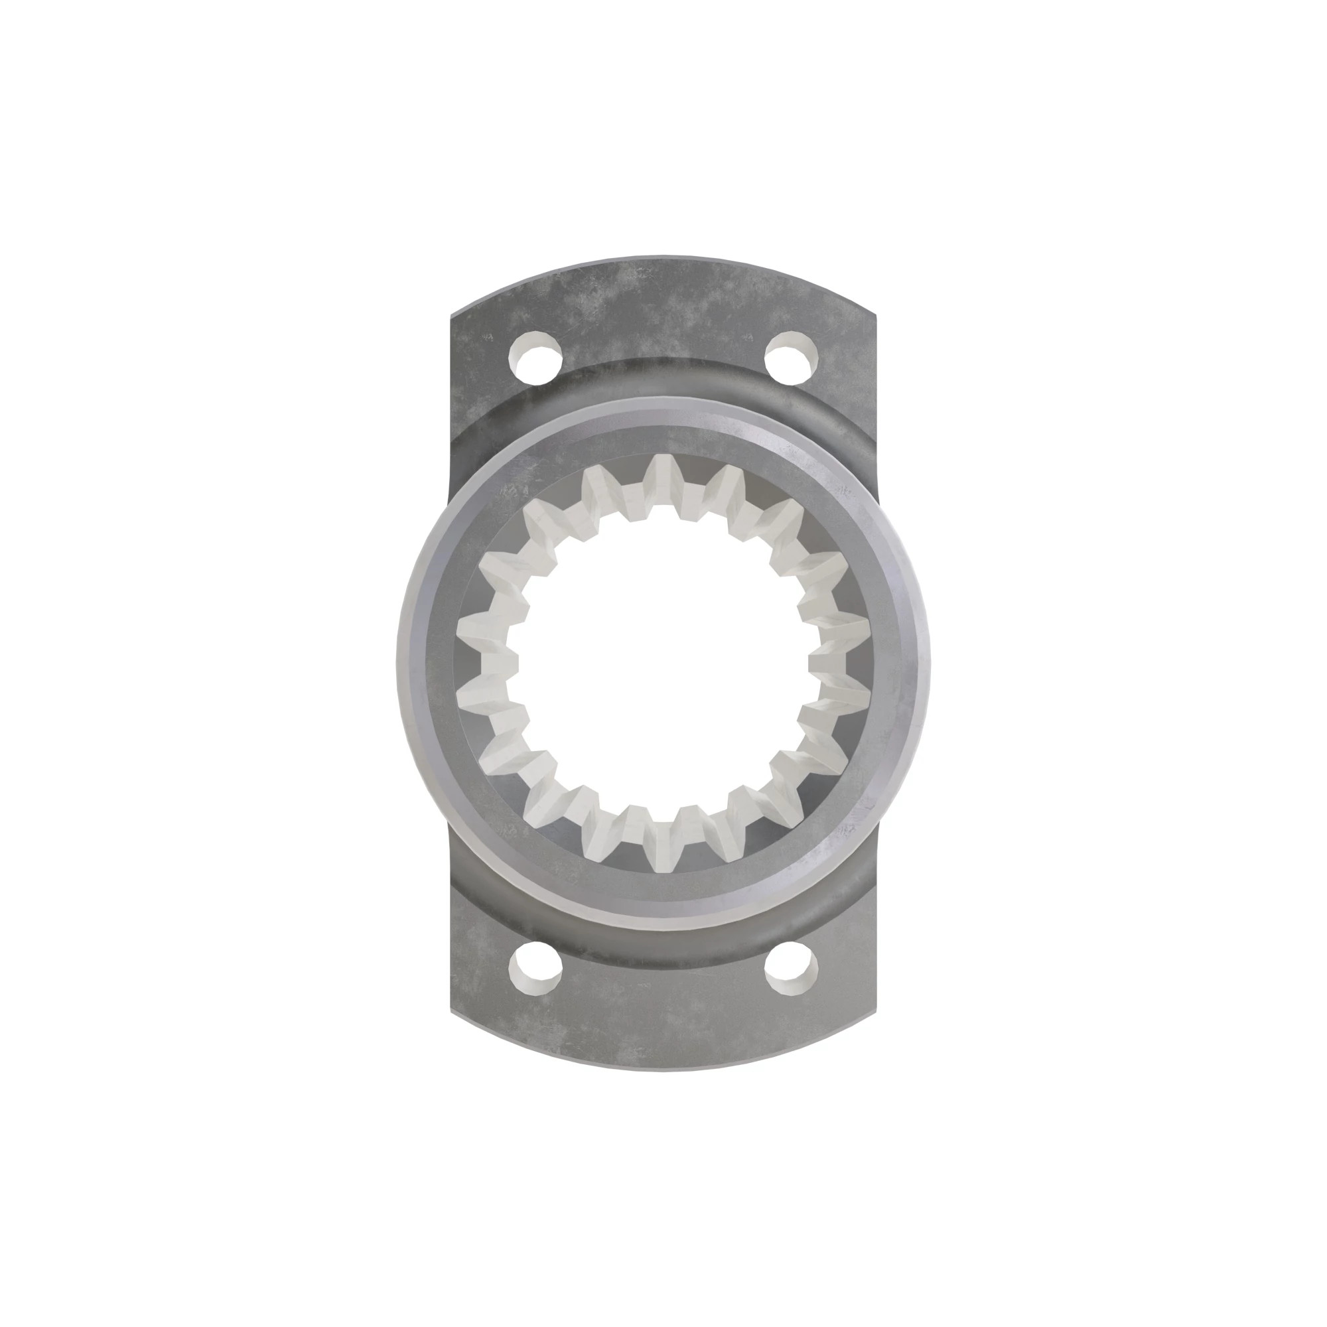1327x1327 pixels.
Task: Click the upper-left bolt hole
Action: tap(535, 358)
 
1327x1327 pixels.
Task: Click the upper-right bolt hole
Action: tap(792, 358)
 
